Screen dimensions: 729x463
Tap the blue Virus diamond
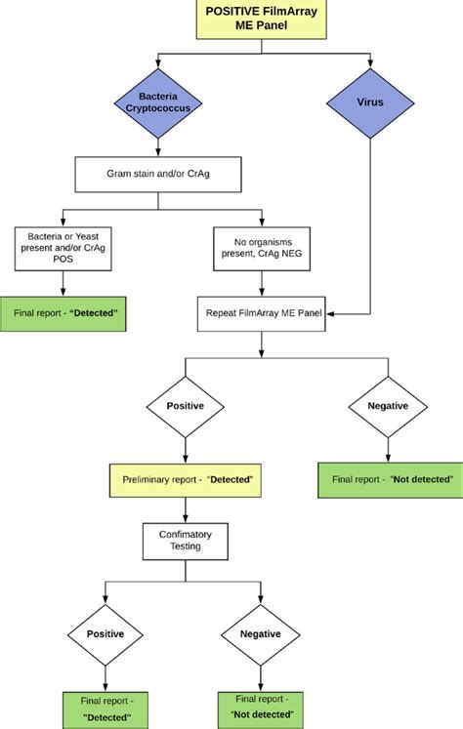point(369,101)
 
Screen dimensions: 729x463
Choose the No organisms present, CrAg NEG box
point(263,249)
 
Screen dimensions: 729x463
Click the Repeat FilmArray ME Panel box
point(263,314)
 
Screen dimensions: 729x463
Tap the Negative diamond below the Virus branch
point(387,404)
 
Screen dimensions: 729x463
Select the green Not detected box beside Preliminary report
point(388,480)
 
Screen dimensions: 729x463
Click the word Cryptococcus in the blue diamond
point(157,108)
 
